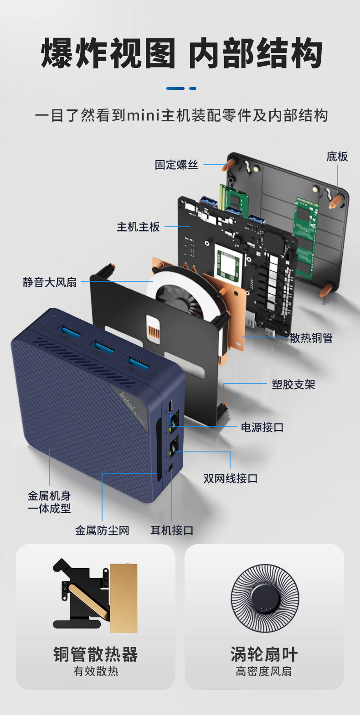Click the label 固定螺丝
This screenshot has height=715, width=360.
[x=176, y=165]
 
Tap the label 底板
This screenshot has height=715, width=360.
[x=337, y=157]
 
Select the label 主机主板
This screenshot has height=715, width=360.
[x=138, y=227]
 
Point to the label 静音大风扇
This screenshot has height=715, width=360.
[x=50, y=282]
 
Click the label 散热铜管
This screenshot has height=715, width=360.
[x=311, y=338]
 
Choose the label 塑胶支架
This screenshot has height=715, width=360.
[x=293, y=384]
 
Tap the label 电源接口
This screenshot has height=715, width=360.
[x=262, y=427]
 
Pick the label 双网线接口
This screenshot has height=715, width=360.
[x=231, y=478]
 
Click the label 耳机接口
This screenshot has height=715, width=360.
[x=172, y=530]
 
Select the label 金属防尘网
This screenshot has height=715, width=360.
[x=102, y=530]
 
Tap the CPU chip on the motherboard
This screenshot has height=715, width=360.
[x=228, y=264]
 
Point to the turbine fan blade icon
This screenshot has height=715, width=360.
[x=265, y=598]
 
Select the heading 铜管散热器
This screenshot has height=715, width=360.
[x=95, y=654]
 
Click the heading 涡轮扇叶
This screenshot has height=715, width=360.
[x=264, y=654]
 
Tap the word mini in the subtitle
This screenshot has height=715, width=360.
[x=143, y=115]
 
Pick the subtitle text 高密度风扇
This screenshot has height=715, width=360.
[x=264, y=671]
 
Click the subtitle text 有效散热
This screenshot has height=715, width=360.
[x=96, y=671]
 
